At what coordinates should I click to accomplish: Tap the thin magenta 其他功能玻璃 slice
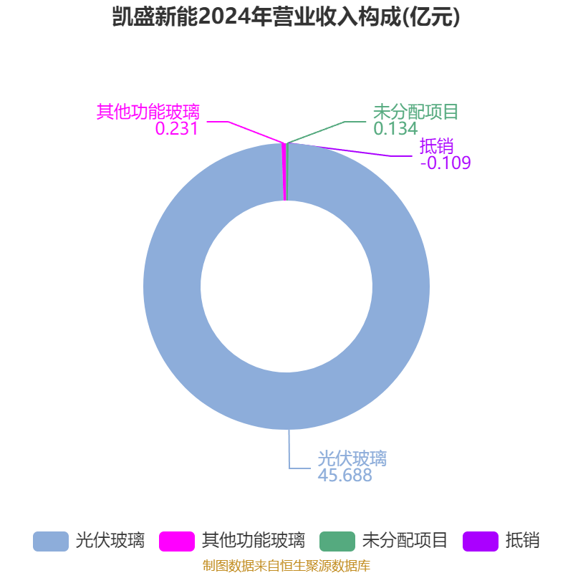[x=285, y=172]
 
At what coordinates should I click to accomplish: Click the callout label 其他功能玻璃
[x=148, y=112]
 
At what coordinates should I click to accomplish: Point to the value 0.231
[x=176, y=128]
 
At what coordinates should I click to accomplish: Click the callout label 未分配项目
[x=415, y=112]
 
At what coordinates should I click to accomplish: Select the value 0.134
[x=395, y=128]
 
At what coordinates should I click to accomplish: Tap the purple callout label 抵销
[x=436, y=146]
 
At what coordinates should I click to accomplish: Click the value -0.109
[x=446, y=163]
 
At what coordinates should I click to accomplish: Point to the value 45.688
[x=345, y=475]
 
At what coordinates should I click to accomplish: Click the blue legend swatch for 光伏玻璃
[x=51, y=541]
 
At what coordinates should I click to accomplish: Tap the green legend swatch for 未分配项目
[x=337, y=541]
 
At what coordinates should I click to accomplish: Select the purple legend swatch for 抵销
[x=481, y=541]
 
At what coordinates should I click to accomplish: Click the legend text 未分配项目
[x=405, y=540]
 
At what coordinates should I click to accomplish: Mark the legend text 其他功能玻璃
[x=253, y=540]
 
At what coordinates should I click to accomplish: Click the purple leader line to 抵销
[x=358, y=152]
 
